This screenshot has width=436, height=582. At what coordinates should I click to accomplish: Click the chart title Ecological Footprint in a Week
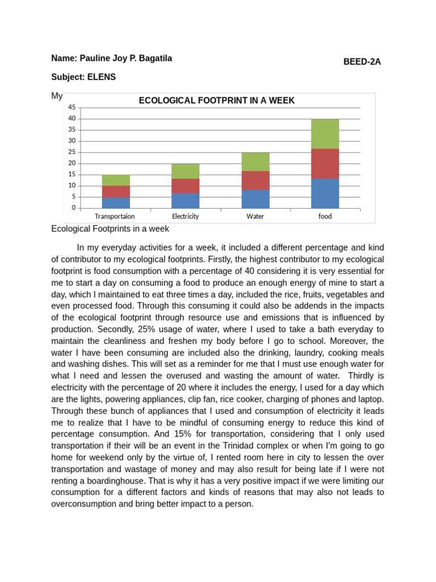[217, 101]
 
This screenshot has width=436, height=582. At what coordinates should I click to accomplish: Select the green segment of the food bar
[325, 134]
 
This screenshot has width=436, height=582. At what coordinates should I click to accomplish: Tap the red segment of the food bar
[325, 164]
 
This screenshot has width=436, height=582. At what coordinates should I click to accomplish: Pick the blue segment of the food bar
[325, 193]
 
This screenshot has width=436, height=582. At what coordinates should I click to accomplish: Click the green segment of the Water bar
[255, 161]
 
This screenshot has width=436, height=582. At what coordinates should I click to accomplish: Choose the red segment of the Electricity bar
[186, 186]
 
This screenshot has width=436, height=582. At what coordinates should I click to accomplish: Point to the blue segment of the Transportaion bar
[116, 203]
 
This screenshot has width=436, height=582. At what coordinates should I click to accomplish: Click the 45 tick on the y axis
[72, 107]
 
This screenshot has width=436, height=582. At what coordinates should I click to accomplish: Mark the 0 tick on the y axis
[73, 208]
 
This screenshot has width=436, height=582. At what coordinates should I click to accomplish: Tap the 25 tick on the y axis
[72, 152]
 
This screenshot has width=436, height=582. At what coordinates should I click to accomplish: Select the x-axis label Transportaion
[115, 217]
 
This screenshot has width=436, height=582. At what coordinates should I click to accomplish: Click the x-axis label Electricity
[186, 217]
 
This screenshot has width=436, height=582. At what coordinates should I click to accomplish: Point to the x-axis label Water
[255, 217]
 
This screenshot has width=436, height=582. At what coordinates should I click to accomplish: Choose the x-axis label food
[325, 217]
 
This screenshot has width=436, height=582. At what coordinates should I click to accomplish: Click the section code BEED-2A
[362, 62]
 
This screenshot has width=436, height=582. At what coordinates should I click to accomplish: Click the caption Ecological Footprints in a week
[110, 229]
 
